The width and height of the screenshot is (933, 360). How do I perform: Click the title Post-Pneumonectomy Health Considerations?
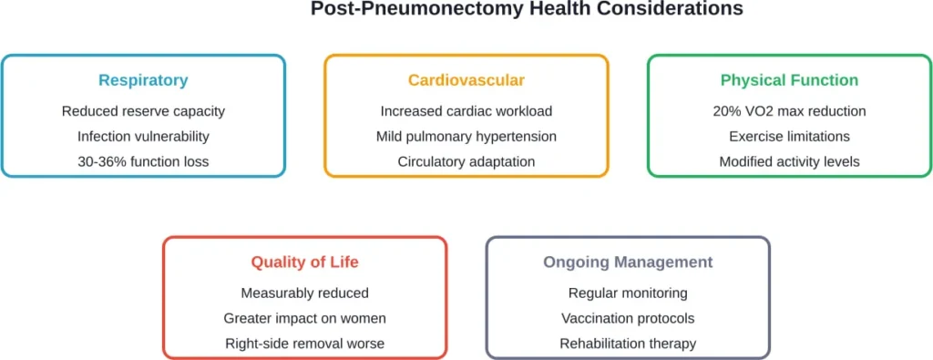click(527, 9)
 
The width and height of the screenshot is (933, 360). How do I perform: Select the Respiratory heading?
click(143, 80)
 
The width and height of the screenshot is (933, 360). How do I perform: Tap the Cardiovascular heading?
click(466, 80)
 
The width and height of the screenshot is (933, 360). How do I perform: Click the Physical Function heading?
click(789, 80)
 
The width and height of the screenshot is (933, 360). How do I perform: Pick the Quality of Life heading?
click(305, 262)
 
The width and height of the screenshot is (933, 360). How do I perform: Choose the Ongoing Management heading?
click(628, 262)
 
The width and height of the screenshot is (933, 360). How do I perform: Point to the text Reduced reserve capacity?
click(143, 111)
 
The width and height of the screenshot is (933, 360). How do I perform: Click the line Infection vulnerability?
click(143, 137)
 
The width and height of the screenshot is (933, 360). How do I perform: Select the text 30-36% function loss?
click(143, 161)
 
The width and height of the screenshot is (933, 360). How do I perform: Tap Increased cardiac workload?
click(466, 111)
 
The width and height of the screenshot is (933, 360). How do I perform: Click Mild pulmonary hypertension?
click(466, 137)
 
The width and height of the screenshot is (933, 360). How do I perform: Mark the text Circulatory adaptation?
click(466, 161)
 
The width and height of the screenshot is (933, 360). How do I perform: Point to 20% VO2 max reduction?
click(789, 111)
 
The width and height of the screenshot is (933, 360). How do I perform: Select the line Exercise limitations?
click(789, 137)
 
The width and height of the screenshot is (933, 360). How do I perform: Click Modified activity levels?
click(789, 161)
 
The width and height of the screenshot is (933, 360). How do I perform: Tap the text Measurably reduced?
click(305, 293)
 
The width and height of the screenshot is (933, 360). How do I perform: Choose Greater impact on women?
click(305, 318)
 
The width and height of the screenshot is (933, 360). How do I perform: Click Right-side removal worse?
click(305, 344)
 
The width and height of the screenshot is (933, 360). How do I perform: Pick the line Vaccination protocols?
click(628, 318)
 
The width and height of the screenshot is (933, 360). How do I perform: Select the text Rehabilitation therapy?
click(628, 344)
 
